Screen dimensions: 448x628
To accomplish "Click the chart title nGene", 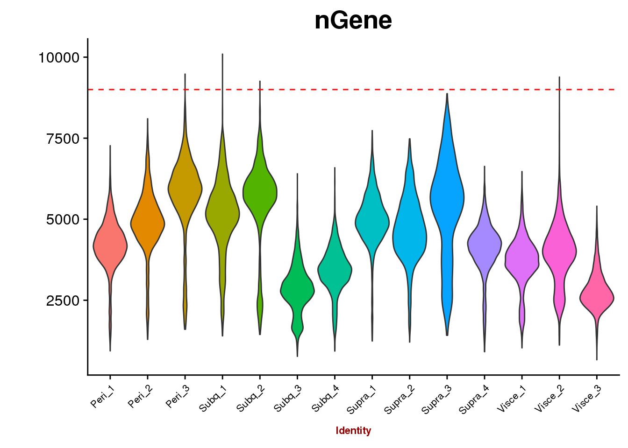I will (353, 21).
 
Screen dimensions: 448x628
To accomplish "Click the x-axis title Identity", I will (353, 431).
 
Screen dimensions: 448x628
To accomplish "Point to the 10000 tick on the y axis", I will (59, 57).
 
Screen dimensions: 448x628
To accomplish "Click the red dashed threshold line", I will (327, 89).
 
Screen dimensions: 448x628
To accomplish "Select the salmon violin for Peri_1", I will (110, 245).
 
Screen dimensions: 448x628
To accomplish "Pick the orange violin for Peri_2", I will (148, 224).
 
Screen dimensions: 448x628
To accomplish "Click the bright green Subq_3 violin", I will (297, 289).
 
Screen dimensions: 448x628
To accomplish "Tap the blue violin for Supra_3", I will (447, 196).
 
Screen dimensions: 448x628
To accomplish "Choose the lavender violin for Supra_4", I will (485, 243).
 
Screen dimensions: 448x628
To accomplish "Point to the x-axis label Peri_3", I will (178, 397).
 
